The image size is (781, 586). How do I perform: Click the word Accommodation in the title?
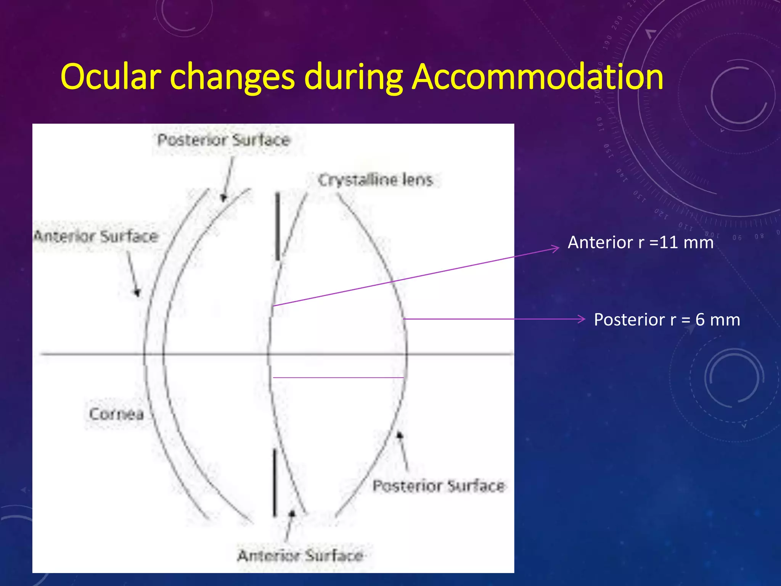click(x=537, y=77)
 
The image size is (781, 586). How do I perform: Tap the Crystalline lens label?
click(x=375, y=180)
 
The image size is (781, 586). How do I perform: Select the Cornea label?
click(x=116, y=414)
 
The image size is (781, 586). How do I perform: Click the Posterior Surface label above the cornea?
click(x=224, y=140)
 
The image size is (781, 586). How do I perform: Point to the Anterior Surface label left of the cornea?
click(x=96, y=237)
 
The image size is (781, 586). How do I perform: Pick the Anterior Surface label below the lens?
click(x=300, y=556)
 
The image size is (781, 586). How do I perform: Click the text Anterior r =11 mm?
click(x=640, y=243)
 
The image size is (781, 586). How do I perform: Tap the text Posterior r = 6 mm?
click(x=667, y=320)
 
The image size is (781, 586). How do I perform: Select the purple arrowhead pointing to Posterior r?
click(x=582, y=319)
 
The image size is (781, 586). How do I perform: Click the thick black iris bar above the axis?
click(x=278, y=227)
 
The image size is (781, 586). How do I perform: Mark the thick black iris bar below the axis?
click(x=275, y=483)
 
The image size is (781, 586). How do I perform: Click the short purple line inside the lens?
click(x=338, y=378)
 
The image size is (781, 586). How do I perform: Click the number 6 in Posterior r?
click(x=700, y=320)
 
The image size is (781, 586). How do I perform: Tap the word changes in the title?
click(x=232, y=77)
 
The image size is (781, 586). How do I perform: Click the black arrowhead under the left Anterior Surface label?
click(x=137, y=293)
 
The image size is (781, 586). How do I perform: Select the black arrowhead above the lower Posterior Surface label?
click(x=400, y=435)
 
